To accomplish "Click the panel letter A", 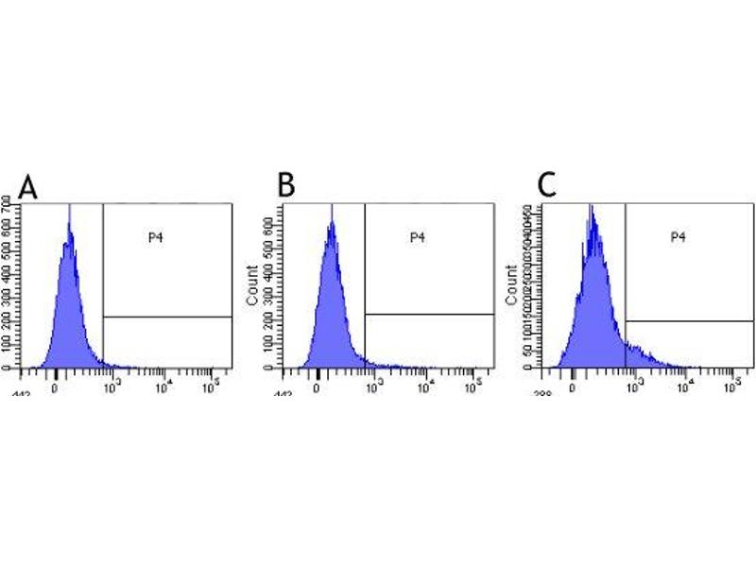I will pyautogui.click(x=29, y=187).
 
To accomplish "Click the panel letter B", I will pyautogui.click(x=286, y=186).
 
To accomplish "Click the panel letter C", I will pyautogui.click(x=547, y=186).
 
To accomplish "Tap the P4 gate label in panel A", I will pyautogui.click(x=155, y=237).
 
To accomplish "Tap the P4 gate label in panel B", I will pyautogui.click(x=417, y=237).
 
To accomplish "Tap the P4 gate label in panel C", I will pyautogui.click(x=678, y=237).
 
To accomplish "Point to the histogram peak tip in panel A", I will pyautogui.click(x=69, y=205).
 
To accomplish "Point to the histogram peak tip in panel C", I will pyautogui.click(x=591, y=205).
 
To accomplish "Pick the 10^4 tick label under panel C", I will pyautogui.click(x=685, y=384).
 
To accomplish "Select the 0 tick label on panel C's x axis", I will pyautogui.click(x=574, y=386).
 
